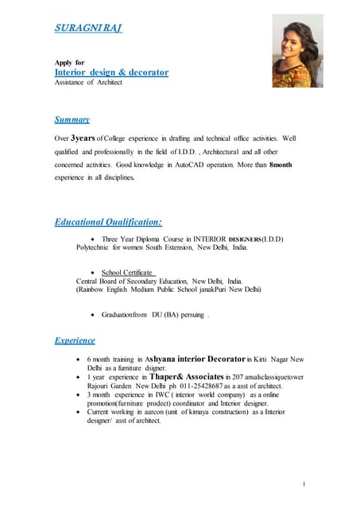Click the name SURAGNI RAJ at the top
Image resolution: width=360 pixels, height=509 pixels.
(87, 29)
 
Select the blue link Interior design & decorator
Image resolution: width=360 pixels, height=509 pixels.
(111, 72)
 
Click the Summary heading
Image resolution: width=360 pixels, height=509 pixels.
(72, 119)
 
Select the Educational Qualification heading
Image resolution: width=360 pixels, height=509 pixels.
(108, 221)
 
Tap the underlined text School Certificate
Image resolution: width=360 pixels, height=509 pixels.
(129, 272)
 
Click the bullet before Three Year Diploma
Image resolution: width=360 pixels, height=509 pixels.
(95, 239)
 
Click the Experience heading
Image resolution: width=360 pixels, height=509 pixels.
(75, 340)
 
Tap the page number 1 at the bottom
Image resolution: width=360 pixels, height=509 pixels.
(304, 484)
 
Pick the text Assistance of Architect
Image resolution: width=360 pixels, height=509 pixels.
(88, 83)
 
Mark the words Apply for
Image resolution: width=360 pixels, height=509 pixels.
(69, 62)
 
